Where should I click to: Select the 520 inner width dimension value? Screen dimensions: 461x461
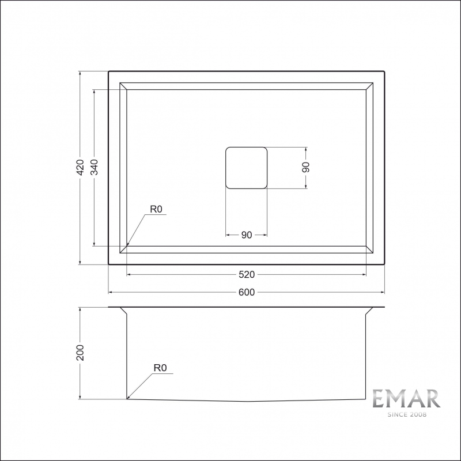[246, 274]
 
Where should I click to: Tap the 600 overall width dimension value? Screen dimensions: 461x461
[246, 292]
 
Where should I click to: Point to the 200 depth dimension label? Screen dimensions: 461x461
[81, 353]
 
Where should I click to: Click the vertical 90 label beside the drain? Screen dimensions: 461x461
[306, 167]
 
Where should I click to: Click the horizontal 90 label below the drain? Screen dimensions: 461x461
[246, 235]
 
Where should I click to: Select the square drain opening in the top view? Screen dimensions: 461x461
[246, 168]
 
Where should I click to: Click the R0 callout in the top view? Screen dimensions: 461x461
[157, 209]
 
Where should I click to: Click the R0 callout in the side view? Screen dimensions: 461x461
[160, 367]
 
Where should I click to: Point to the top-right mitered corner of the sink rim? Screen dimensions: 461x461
[369, 86]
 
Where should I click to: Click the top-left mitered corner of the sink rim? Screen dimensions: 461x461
[123, 86]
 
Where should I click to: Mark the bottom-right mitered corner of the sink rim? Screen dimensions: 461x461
[369, 249]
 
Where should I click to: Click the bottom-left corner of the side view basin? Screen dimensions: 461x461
[127, 399]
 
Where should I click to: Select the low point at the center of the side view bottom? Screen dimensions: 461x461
[248, 402]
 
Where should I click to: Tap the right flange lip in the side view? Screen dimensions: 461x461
[369, 311]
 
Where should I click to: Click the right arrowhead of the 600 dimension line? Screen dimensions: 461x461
[382, 292]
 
